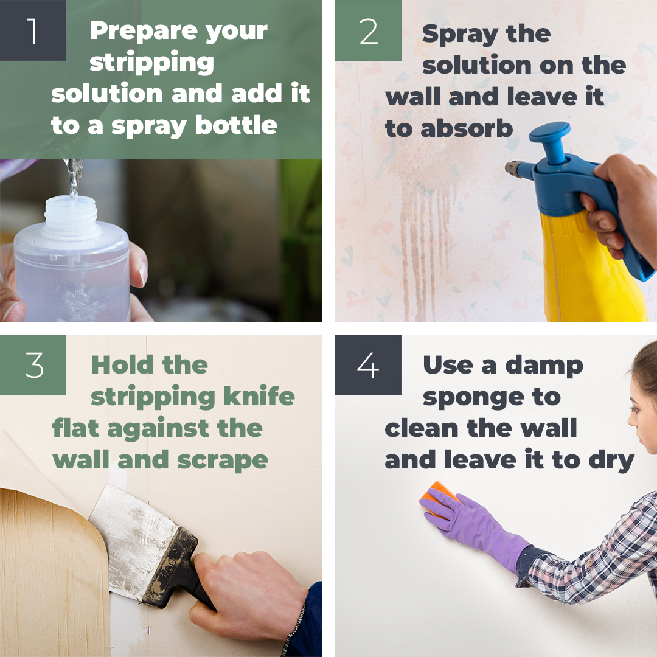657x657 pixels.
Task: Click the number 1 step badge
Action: (x=33, y=30)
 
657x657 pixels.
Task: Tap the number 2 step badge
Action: (x=368, y=30)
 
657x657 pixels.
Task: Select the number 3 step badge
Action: (x=33, y=365)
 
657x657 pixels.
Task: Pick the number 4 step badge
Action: (x=368, y=365)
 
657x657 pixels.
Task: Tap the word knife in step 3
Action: (x=261, y=397)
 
